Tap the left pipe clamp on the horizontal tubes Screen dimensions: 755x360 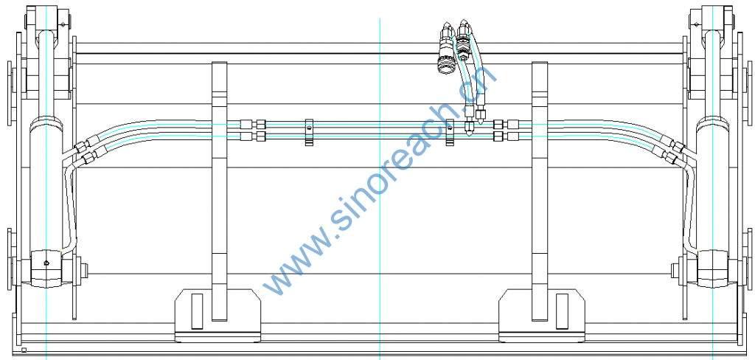tap(309, 133)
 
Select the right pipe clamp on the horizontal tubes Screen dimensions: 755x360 tap(450, 133)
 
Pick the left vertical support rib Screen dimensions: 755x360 tap(220, 191)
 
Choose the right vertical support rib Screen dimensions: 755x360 tap(539, 191)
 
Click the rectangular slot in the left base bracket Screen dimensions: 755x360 tap(197, 311)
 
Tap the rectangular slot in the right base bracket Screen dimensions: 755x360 tap(562, 311)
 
